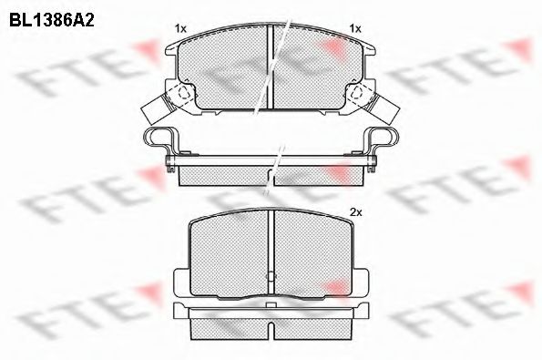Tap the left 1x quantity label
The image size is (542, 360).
click(x=180, y=29)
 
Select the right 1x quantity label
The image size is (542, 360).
click(x=356, y=29)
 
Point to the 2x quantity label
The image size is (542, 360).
click(x=356, y=212)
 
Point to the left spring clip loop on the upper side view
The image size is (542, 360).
click(x=159, y=139)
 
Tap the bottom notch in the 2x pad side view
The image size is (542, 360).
click(x=270, y=326)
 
